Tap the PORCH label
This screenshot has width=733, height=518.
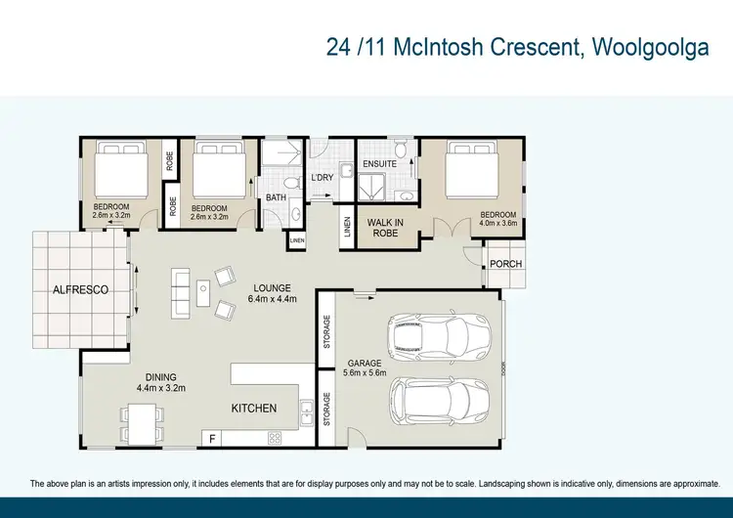point(505,264)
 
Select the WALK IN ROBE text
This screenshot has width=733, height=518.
point(386,229)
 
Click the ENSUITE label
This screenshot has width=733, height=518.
point(379,163)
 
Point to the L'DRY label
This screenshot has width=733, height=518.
point(323,177)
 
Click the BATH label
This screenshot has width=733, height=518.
point(276,197)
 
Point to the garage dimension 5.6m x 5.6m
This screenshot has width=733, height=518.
point(365,372)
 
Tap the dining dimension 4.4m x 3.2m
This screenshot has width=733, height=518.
point(161,387)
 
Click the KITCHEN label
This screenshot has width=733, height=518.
point(253,409)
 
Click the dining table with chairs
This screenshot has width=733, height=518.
point(140,421)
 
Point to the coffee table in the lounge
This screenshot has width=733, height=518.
point(203,288)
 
